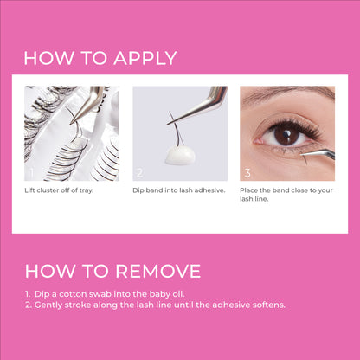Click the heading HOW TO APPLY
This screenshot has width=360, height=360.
(100, 59)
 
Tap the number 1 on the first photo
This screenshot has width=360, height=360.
(30, 171)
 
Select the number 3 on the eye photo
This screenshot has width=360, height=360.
(247, 171)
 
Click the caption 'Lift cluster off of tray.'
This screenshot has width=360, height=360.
(59, 190)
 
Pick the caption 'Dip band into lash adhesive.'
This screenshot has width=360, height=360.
(178, 190)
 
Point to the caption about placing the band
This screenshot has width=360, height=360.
(286, 193)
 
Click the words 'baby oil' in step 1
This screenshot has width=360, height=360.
(169, 294)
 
